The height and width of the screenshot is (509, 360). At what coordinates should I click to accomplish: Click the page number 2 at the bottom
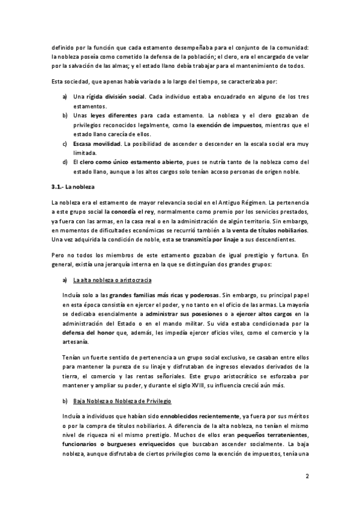[307, 477]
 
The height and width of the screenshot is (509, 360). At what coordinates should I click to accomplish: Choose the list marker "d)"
[65, 161]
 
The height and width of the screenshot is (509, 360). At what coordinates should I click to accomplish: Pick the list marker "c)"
[65, 145]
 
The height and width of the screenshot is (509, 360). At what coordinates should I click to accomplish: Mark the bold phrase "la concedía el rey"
[131, 212]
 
